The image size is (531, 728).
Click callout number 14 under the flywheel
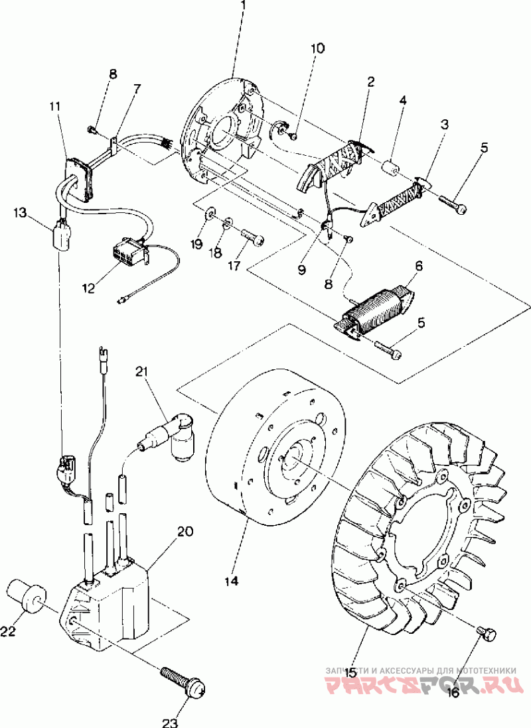click(231, 580)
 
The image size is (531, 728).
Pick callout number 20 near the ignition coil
click(185, 532)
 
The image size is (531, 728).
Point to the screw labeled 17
click(252, 238)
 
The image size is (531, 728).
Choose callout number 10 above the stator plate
click(318, 48)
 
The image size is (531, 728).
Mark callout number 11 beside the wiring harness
click(54, 106)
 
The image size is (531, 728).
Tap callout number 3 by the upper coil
click(445, 125)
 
